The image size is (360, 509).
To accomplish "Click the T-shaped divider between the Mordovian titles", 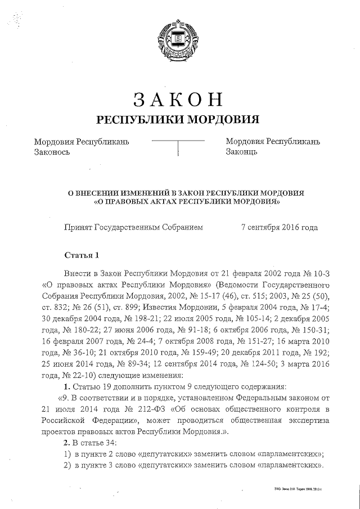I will pos(178,146).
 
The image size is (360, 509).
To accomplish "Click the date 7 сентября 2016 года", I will pos(279,228).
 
